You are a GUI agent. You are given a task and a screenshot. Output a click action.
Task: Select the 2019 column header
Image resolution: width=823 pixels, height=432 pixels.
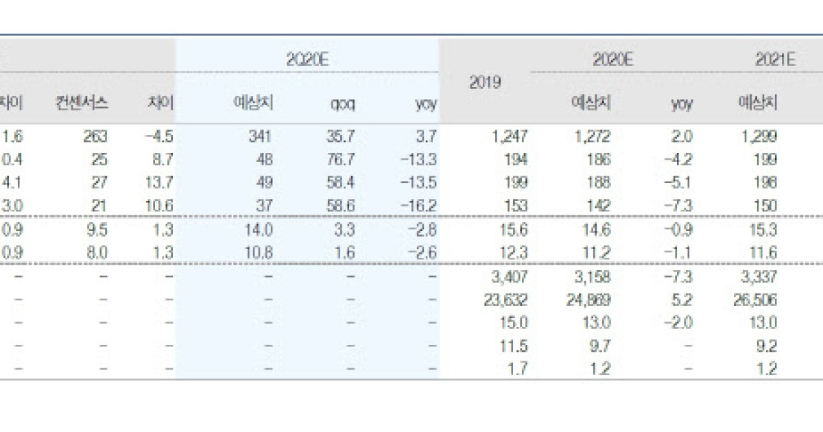coord(485,82)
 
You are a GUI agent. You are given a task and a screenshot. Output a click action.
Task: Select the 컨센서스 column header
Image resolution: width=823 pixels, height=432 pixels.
coord(82,104)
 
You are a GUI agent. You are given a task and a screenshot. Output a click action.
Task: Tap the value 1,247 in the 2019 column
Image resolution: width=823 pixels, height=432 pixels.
coord(510,136)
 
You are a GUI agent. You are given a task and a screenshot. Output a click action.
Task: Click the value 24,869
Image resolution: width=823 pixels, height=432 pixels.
coord(592,300)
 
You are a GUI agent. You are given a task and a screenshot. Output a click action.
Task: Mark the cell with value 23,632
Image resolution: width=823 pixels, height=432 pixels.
coord(508,300)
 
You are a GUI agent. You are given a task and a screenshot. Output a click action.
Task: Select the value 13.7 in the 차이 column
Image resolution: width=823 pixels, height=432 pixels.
coord(160,183)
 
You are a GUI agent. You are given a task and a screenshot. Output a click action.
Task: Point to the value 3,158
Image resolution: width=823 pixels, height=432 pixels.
coord(593,276)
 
